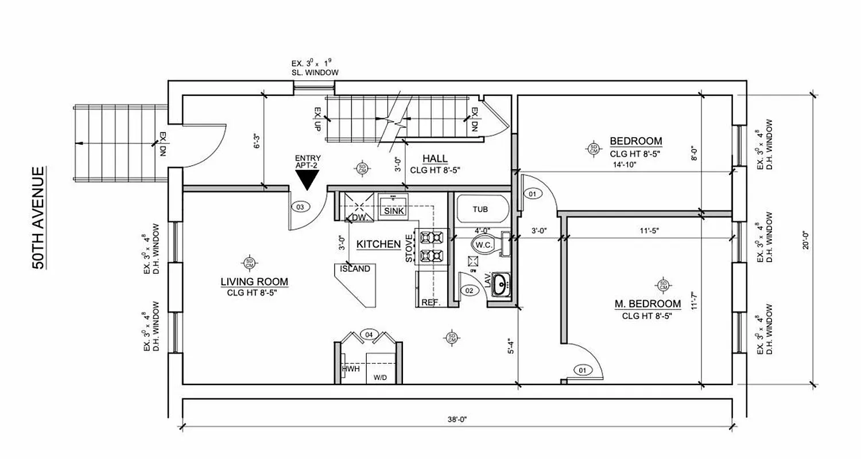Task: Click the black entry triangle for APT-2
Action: (308, 181)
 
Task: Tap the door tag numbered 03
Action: (300, 207)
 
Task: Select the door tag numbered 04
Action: (368, 334)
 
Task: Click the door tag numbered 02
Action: (469, 291)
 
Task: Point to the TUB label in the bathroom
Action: (480, 209)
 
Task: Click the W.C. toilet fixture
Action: (481, 246)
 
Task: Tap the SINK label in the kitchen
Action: (394, 211)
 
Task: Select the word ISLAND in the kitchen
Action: (355, 269)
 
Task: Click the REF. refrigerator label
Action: (430, 302)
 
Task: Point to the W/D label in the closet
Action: (380, 378)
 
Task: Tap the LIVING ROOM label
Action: (254, 282)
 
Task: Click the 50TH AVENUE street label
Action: (38, 218)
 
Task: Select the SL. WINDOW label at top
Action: (315, 73)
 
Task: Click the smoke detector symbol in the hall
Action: (362, 168)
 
